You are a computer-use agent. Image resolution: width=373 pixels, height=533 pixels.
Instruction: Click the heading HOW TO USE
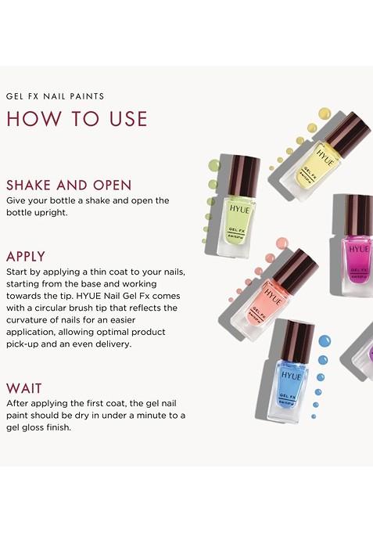point(77,118)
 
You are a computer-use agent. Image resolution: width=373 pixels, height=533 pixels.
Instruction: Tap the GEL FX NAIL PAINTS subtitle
point(55,96)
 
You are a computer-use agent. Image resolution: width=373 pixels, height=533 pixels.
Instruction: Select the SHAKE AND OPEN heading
point(69,185)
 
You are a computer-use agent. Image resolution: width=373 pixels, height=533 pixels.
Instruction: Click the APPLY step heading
point(26,256)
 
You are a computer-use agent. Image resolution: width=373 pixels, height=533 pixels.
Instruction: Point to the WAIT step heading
point(24,388)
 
